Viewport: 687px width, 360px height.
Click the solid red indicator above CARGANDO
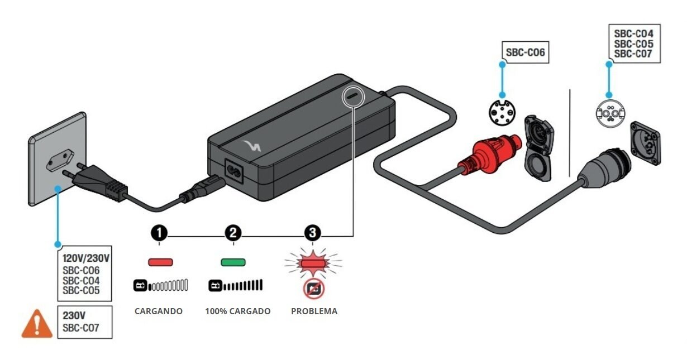tap(160, 262)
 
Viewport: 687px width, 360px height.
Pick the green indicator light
tap(233, 262)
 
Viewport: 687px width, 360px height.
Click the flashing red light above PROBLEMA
tap(313, 262)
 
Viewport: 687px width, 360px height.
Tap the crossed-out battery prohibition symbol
tap(313, 289)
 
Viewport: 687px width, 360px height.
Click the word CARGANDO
tap(159, 311)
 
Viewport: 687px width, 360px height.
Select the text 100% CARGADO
tap(238, 311)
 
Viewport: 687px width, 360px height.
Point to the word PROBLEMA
tap(314, 311)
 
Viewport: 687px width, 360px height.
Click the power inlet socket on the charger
tap(234, 171)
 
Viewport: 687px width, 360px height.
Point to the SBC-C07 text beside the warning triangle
tap(81, 328)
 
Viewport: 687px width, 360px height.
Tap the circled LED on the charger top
tap(353, 95)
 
